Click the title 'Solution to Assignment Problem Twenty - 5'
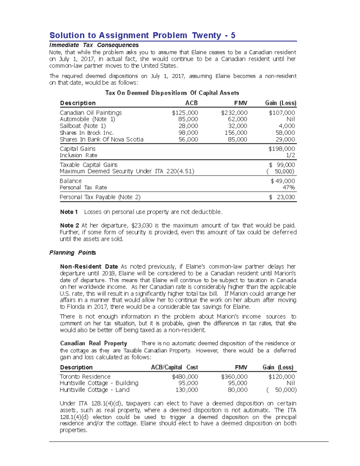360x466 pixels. (x=142, y=35)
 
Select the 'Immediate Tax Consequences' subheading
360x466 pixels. (x=94, y=45)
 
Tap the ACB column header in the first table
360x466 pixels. (x=191, y=103)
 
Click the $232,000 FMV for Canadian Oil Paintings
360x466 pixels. (x=234, y=113)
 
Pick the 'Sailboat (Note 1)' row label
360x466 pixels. (x=82, y=126)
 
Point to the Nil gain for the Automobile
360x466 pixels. (x=290, y=119)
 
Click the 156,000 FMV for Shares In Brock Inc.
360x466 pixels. (x=236, y=133)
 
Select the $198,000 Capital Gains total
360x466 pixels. (x=282, y=149)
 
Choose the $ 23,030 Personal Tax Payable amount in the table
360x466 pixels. (x=282, y=197)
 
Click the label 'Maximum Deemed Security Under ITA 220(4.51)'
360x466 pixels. (x=127, y=171)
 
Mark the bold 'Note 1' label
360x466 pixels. (x=69, y=212)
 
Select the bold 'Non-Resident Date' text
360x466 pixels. (x=89, y=266)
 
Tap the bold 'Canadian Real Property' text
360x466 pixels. (x=94, y=343)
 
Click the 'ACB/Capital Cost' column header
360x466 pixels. (x=174, y=367)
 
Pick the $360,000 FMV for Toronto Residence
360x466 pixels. (x=234, y=377)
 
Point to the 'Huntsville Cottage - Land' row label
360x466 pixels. (x=94, y=390)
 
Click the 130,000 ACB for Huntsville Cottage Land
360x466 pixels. (x=187, y=390)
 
